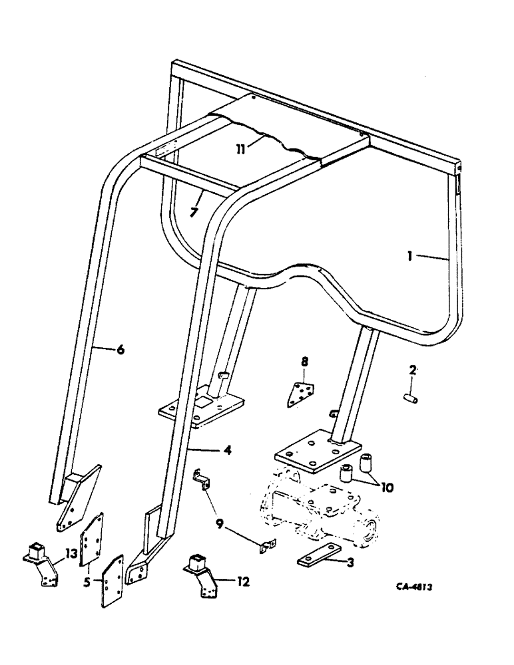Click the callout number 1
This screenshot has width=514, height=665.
click(x=412, y=254)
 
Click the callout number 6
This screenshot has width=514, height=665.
click(x=120, y=349)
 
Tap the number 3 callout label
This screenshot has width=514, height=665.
click(x=350, y=563)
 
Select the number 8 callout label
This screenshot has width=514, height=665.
click(x=304, y=362)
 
